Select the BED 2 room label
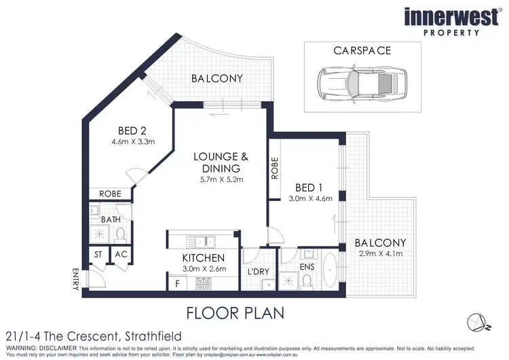coord(134,130)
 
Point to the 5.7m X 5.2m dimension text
coord(221,180)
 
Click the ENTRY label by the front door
coord(75,278)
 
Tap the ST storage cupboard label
coord(98,255)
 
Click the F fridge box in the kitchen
coord(177,281)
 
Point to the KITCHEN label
coord(204,258)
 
